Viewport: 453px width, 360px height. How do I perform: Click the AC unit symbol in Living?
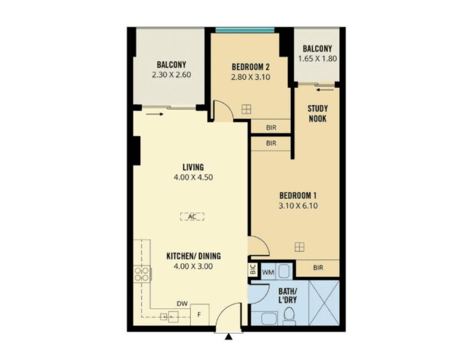pyautogui.click(x=192, y=217)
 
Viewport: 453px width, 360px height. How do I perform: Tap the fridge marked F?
pyautogui.click(x=199, y=315)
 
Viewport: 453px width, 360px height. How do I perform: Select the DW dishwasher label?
pyautogui.click(x=182, y=303)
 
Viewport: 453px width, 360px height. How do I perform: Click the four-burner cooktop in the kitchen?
pyautogui.click(x=142, y=274)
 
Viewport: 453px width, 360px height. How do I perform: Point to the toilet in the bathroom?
pyautogui.click(x=289, y=316)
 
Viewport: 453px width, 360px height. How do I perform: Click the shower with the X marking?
pyautogui.click(x=324, y=302)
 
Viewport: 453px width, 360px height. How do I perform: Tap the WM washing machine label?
pyautogui.click(x=268, y=272)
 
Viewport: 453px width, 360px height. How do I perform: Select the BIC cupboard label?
pyautogui.click(x=253, y=269)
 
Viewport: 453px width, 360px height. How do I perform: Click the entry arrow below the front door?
pyautogui.click(x=229, y=336)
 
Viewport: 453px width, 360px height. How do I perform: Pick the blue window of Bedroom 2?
pyautogui.click(x=245, y=30)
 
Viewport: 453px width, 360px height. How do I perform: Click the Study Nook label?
pyautogui.click(x=318, y=113)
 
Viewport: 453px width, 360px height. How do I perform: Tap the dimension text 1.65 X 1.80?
pyautogui.click(x=318, y=59)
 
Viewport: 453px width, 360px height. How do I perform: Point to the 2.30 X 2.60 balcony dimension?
pyautogui.click(x=171, y=75)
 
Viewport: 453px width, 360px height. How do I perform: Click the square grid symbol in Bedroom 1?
pyautogui.click(x=299, y=247)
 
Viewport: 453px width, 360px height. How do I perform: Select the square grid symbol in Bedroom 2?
pyautogui.click(x=246, y=109)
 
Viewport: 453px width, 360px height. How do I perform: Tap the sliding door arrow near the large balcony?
pyautogui.click(x=154, y=114)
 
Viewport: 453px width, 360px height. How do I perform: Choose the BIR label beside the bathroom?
pyautogui.click(x=318, y=268)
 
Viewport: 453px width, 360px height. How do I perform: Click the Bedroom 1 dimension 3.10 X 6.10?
pyautogui.click(x=298, y=206)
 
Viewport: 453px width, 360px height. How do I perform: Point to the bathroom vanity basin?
pyautogui.click(x=269, y=318)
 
